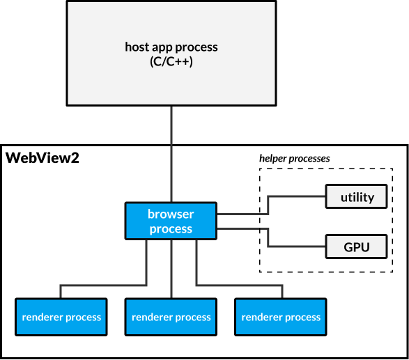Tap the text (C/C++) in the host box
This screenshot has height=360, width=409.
(x=171, y=61)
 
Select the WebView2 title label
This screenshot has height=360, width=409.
(x=43, y=158)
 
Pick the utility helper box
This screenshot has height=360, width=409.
(x=357, y=197)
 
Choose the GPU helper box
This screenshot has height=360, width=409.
(x=357, y=246)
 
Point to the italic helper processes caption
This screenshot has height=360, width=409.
(x=295, y=158)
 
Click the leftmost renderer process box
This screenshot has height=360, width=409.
(x=61, y=317)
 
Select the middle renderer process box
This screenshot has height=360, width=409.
(x=171, y=317)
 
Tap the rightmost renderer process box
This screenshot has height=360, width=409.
(x=281, y=317)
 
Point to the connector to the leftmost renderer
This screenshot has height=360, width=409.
(x=105, y=285)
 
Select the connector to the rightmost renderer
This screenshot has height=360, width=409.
(x=237, y=285)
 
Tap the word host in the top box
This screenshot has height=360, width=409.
(x=137, y=47)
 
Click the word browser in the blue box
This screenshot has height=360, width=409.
(x=171, y=214)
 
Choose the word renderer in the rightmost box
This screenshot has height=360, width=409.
(x=262, y=317)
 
